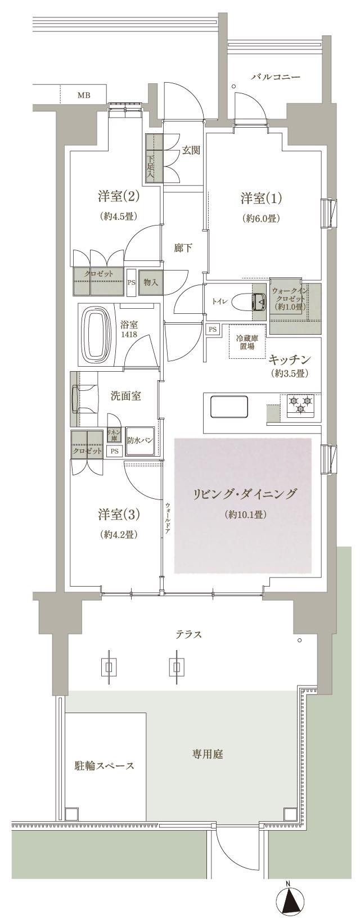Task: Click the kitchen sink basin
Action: (x=229, y=406)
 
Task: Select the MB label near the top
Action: (x=83, y=95)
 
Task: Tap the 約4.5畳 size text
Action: (x=119, y=216)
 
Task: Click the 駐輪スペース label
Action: (x=105, y=767)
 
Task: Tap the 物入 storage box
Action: (x=150, y=282)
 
